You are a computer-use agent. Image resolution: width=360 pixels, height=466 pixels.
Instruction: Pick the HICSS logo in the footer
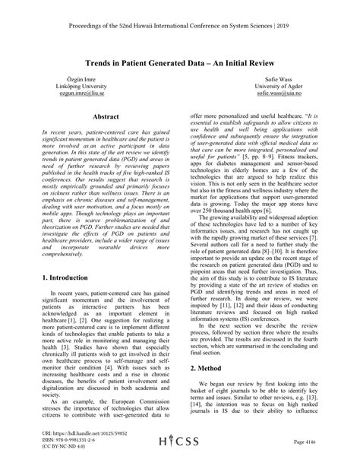[179, 442]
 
